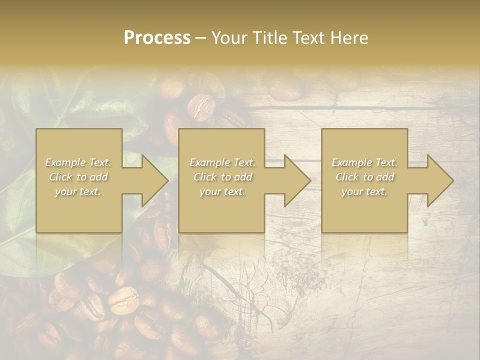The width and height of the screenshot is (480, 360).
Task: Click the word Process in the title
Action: [x=157, y=38]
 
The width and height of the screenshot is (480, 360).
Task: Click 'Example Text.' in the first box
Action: [x=78, y=162]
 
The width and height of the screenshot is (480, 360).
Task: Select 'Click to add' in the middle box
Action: [x=222, y=177]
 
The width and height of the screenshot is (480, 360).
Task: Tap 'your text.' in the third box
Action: [x=364, y=191]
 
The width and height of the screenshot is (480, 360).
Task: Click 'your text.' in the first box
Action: [x=78, y=191]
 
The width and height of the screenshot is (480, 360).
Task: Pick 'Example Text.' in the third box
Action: [x=364, y=162]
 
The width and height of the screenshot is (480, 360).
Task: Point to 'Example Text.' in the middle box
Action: [x=222, y=162]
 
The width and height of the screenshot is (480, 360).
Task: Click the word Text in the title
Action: [x=310, y=38]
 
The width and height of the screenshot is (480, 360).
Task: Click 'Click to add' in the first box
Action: [x=78, y=177]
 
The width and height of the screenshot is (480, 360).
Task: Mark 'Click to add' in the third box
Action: [x=364, y=177]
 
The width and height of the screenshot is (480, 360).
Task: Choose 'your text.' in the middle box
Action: [x=222, y=191]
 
